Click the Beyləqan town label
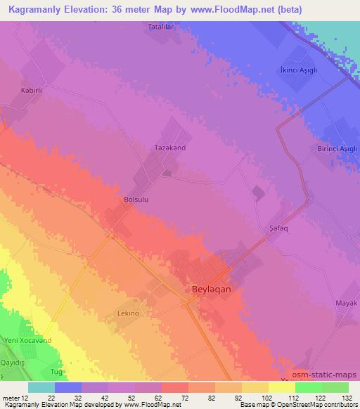[x=212, y=288]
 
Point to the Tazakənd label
[x=169, y=148]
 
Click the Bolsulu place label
[x=136, y=200]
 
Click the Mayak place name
[x=346, y=303]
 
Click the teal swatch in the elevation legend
[x=41, y=387]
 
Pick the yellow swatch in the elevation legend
[x=281, y=387]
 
